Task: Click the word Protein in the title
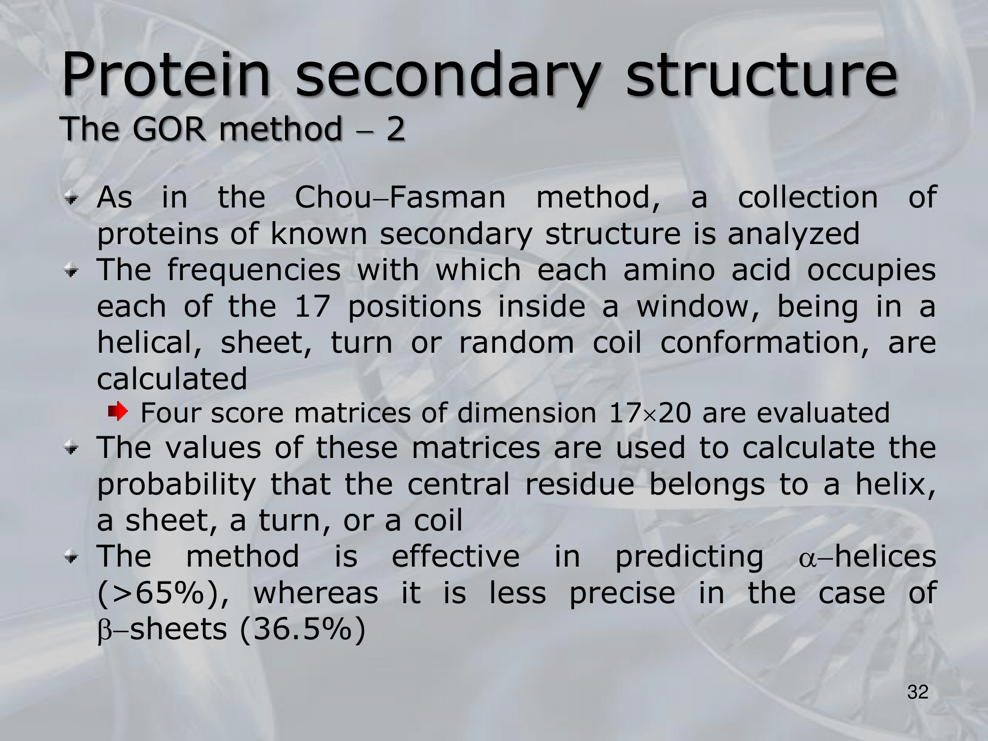[166, 75]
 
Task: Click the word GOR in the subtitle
[169, 129]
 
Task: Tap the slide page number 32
[918, 692]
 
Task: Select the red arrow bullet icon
[118, 411]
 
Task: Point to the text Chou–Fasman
[400, 198]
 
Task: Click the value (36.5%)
[302, 630]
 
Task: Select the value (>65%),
[164, 593]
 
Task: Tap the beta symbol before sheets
[105, 631]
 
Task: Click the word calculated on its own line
[172, 379]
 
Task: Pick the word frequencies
[254, 271]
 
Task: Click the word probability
[176, 486]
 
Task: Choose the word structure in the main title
[761, 76]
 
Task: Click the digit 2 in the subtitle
[395, 129]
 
